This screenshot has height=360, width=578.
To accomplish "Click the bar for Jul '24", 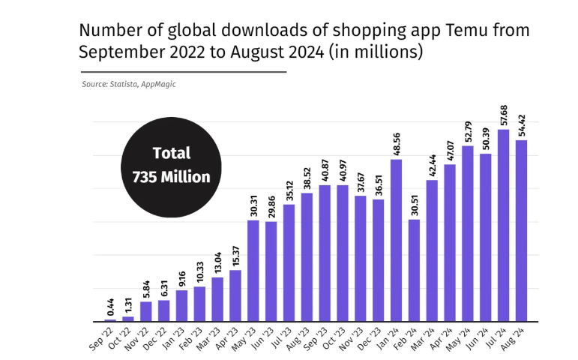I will pyautogui.click(x=504, y=225).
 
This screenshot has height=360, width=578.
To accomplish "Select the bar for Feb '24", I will pyautogui.click(x=415, y=270).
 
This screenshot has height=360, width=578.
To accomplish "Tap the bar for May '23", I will pyautogui.click(x=253, y=270).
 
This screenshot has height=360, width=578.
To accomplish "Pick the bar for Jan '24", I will pyautogui.click(x=397, y=240).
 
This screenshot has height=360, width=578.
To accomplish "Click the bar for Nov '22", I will pyautogui.click(x=146, y=311).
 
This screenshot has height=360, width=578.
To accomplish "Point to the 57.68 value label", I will pyautogui.click(x=504, y=115).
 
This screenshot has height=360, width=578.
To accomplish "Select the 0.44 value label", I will pyautogui.click(x=110, y=305).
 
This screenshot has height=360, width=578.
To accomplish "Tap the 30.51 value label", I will pyautogui.click(x=415, y=205).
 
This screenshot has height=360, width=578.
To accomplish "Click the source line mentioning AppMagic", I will pyautogui.click(x=129, y=84).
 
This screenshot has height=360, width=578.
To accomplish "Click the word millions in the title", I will pyautogui.click(x=383, y=52).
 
